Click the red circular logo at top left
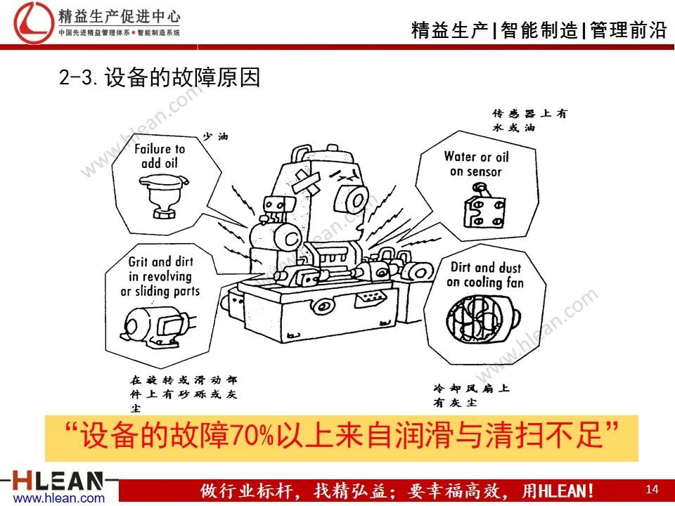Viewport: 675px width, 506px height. [29, 21]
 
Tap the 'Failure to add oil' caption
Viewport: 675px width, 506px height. [160, 156]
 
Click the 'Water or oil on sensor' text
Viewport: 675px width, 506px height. [476, 164]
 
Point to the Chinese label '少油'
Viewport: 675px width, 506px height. [215, 136]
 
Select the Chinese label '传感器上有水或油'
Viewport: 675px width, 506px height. [527, 120]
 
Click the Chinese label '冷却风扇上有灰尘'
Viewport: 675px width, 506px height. [471, 395]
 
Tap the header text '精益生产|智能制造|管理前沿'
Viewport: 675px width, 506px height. [537, 30]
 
